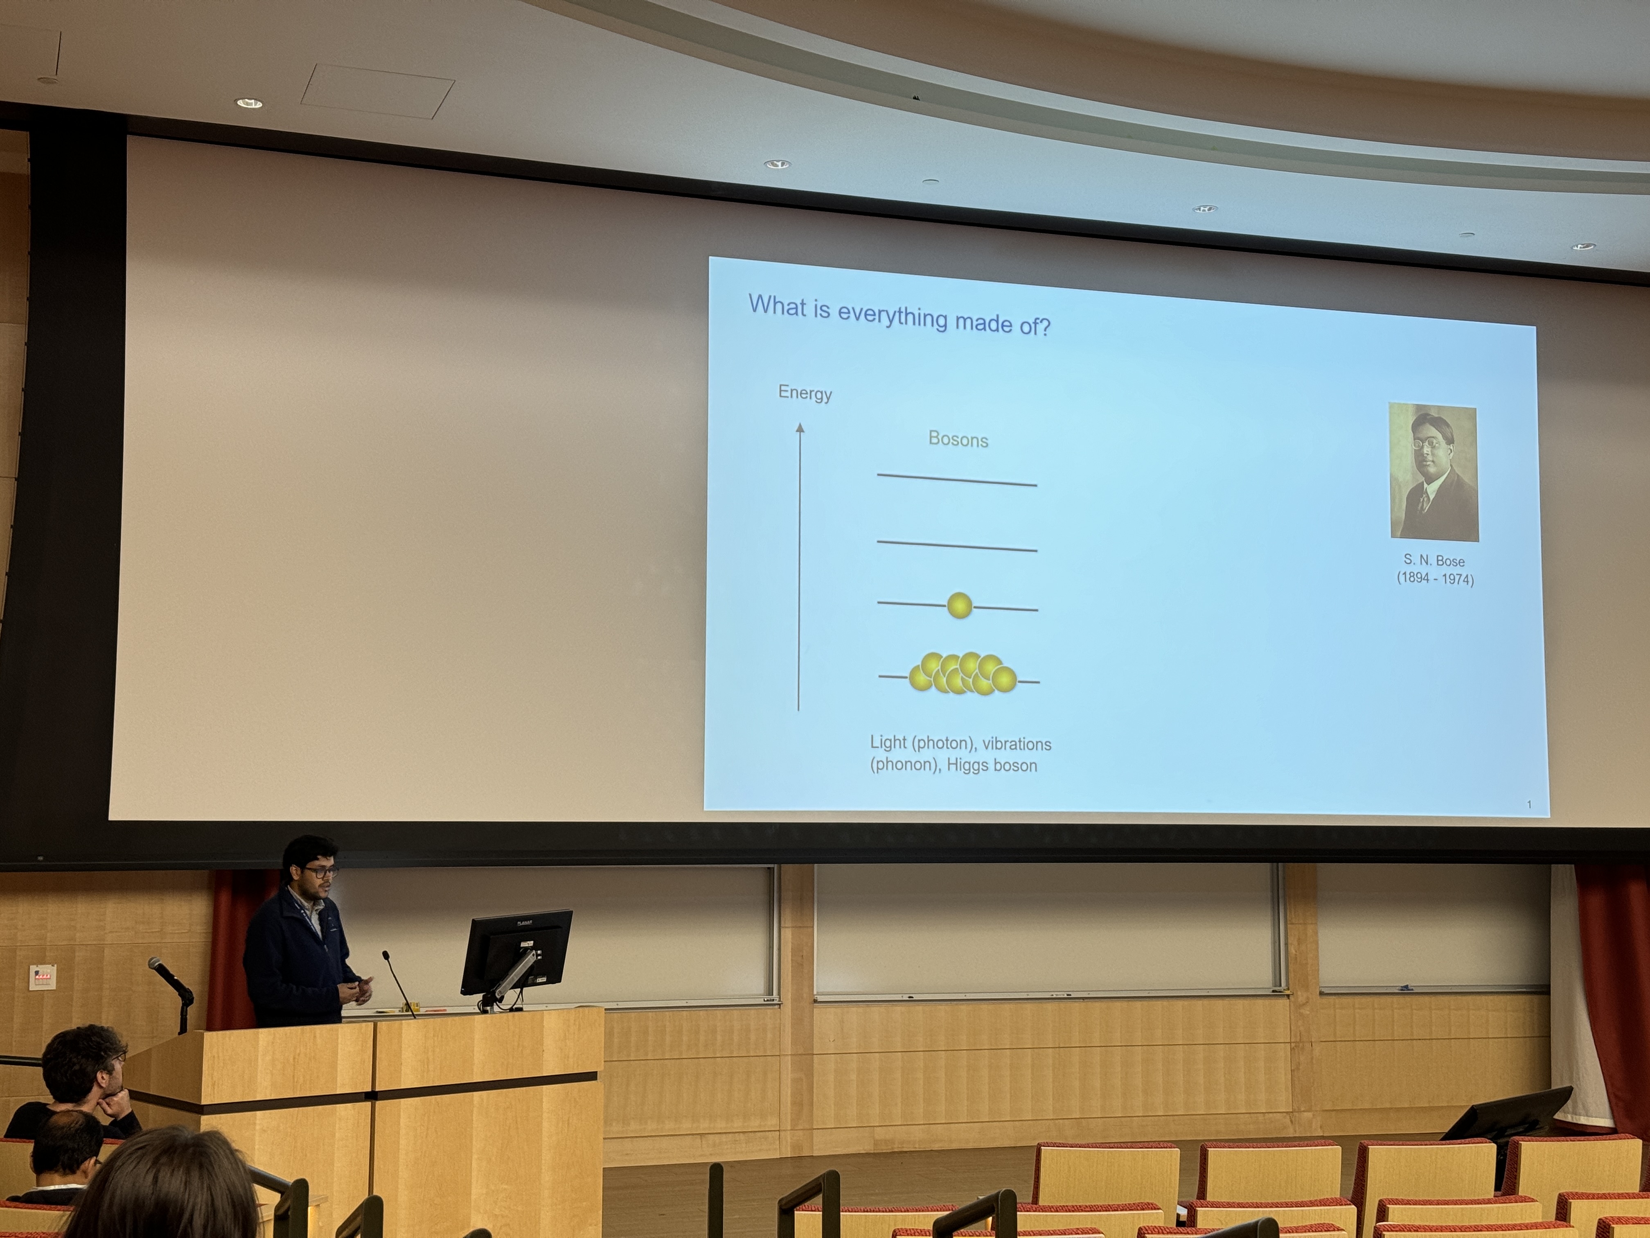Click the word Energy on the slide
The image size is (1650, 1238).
pyautogui.click(x=805, y=393)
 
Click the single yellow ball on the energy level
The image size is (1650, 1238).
pyautogui.click(x=959, y=605)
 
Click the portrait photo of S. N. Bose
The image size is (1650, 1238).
pyautogui.click(x=1433, y=472)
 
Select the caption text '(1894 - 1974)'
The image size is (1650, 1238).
pyautogui.click(x=1435, y=578)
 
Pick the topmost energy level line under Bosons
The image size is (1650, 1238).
pyautogui.click(x=957, y=480)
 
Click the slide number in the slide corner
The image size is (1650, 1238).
pyautogui.click(x=1529, y=804)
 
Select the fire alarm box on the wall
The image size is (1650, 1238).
pyautogui.click(x=43, y=977)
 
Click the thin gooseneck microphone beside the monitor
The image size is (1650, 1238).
pyautogui.click(x=398, y=982)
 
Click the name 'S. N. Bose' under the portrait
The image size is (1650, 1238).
pyautogui.click(x=1434, y=560)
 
